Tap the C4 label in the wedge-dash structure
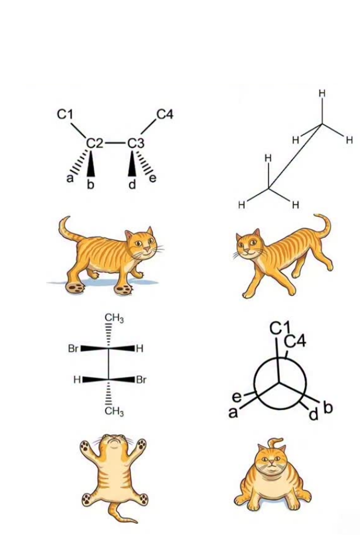pos(165,115)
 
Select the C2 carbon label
pos(94,144)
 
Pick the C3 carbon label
pos(136,144)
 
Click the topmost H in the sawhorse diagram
pos(322,94)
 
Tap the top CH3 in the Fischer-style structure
pos(114,318)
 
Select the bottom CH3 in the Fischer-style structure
pos(114,411)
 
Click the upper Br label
pos(73,349)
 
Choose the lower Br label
pos(141,379)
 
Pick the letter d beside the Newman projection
pos(313,414)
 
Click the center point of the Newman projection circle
pos(280,383)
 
